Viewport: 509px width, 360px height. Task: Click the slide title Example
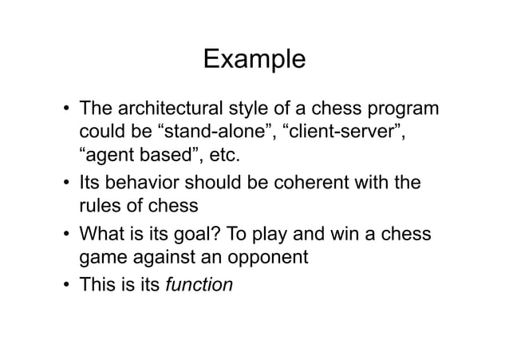click(254, 59)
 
